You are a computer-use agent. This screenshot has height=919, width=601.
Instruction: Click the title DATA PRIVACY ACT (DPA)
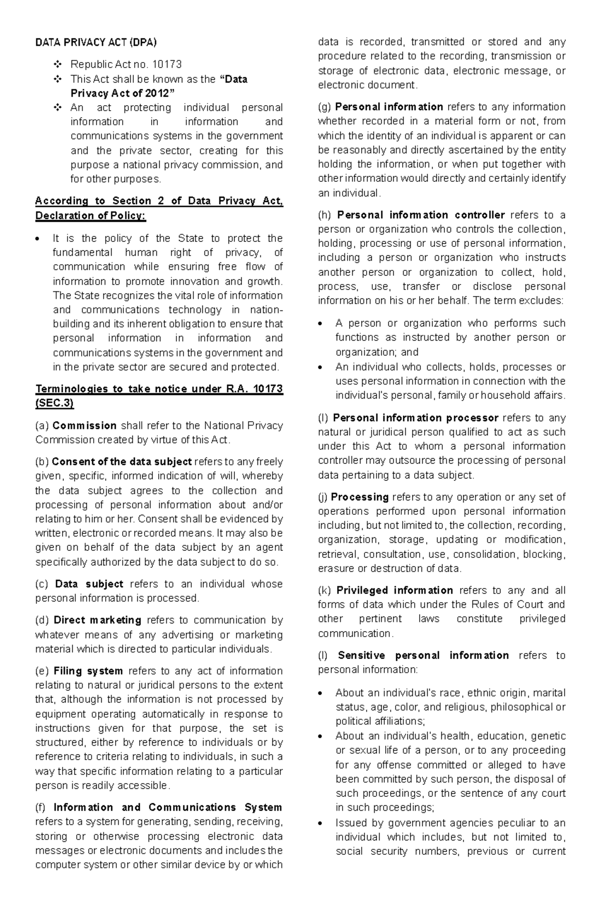coord(96,43)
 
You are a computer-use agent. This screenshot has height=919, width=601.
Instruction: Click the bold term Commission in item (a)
coord(84,426)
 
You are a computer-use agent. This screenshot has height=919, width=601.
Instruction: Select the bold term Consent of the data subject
coord(122,462)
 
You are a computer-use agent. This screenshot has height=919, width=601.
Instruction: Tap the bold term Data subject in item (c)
coord(89,584)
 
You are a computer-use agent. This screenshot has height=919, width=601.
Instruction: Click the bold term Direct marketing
coord(97,620)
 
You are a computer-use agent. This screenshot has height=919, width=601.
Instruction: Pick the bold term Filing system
coord(88,671)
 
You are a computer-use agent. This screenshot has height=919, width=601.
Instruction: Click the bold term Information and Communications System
coord(167,807)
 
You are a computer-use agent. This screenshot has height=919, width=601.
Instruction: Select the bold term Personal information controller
coord(421,215)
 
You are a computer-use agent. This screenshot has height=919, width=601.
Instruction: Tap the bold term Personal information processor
coord(415,418)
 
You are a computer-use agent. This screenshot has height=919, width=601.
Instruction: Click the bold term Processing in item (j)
coord(360,497)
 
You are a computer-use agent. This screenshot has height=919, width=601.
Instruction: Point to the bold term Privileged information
coord(395,590)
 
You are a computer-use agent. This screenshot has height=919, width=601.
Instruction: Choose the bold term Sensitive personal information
coord(423,656)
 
